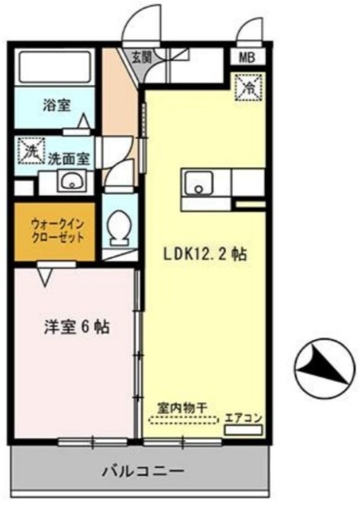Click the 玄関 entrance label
coord(141,58)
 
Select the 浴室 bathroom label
coord(57,106)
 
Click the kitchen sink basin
coord(199,184)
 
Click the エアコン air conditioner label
coord(244,418)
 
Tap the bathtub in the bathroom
coord(54,66)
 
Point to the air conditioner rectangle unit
coord(244,429)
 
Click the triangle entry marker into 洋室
coord(45,275)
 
